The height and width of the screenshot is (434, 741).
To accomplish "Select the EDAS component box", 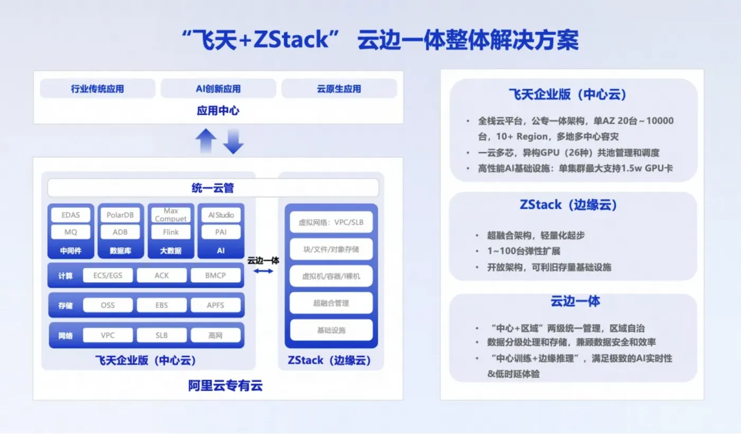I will pyautogui.click(x=70, y=215).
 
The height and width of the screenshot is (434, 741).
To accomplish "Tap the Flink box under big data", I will pyautogui.click(x=170, y=232).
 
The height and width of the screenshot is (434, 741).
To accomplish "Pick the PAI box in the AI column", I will pyautogui.click(x=221, y=232).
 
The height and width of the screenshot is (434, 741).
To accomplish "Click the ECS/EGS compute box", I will pyautogui.click(x=107, y=275).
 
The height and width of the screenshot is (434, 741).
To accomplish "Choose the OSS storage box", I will pyautogui.click(x=107, y=305).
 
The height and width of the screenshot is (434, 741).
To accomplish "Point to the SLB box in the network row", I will pyautogui.click(x=161, y=335).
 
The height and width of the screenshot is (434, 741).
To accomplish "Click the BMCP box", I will pyautogui.click(x=215, y=275).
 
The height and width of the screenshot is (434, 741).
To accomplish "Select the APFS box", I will pyautogui.click(x=215, y=305).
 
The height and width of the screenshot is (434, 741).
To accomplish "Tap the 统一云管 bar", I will pyautogui.click(x=213, y=188).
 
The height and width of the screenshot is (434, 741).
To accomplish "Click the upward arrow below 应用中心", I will pyautogui.click(x=205, y=141).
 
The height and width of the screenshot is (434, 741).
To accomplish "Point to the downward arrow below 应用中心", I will pyautogui.click(x=233, y=141).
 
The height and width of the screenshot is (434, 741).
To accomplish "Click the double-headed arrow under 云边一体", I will pyautogui.click(x=263, y=271).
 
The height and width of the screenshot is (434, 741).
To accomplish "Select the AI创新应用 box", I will pyautogui.click(x=218, y=89).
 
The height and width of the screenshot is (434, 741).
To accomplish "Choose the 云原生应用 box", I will pyautogui.click(x=339, y=89).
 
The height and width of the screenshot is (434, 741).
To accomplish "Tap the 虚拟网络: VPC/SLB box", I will pyautogui.click(x=331, y=222).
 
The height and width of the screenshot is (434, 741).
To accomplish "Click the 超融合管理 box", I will pyautogui.click(x=331, y=303).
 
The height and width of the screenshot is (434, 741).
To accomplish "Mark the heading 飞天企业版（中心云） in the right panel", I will pyautogui.click(x=567, y=95).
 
